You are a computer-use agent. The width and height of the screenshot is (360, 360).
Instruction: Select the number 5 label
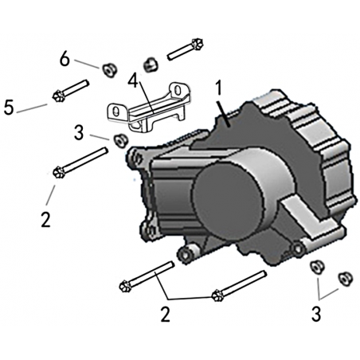[9, 107]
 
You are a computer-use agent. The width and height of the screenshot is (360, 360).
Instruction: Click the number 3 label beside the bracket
[79, 132]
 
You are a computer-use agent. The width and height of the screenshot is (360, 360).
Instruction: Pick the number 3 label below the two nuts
[316, 313]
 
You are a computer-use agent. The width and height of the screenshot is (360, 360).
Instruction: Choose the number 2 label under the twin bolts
[165, 314]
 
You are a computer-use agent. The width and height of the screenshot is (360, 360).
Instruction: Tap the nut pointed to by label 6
[108, 70]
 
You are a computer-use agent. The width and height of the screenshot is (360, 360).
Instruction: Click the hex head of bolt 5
[58, 96]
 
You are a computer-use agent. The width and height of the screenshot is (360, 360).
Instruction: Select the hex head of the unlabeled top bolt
[198, 43]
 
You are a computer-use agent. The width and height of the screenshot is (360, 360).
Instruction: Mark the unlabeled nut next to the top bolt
[151, 65]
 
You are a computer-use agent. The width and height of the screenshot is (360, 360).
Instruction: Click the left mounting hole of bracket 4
[115, 112]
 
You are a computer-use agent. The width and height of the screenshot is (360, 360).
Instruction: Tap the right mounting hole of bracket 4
[177, 90]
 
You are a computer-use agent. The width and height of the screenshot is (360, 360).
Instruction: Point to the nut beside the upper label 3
[120, 140]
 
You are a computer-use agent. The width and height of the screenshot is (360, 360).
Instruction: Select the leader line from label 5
[32, 108]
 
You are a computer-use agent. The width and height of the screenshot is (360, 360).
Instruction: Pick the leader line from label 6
[87, 64]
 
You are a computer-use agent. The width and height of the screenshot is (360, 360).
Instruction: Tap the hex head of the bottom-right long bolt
[217, 295]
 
